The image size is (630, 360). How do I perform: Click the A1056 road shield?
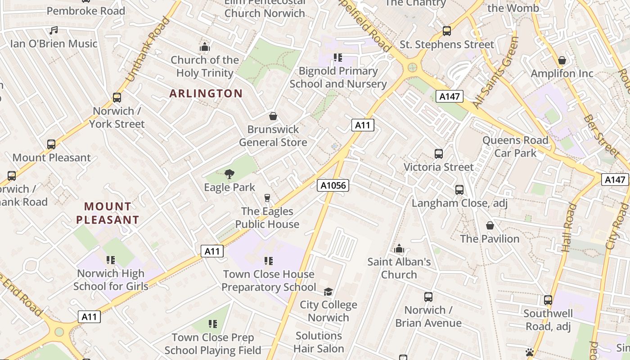pyautogui.click(x=333, y=185)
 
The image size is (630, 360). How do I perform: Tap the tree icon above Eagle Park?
pyautogui.click(x=229, y=174)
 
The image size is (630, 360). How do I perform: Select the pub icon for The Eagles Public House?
pyautogui.click(x=267, y=198)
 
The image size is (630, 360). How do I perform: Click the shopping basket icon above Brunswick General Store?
pyautogui.click(x=273, y=116)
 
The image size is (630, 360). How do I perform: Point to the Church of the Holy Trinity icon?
pyautogui.click(x=205, y=47)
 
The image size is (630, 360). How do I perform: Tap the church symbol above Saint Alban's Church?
pyautogui.click(x=399, y=248)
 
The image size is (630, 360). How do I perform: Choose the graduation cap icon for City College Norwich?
pyautogui.click(x=328, y=292)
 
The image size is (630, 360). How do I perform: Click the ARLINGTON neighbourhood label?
pyautogui.click(x=206, y=94)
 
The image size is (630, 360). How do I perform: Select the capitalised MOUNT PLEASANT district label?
pyautogui.click(x=108, y=213)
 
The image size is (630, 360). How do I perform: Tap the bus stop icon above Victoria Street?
pyautogui.click(x=439, y=154)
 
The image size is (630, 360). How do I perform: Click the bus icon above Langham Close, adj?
pyautogui.click(x=459, y=190)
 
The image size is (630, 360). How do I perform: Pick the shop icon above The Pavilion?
pyautogui.click(x=490, y=225)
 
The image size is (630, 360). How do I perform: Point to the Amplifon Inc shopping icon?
pyautogui.click(x=562, y=60)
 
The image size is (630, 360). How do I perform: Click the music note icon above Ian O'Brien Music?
pyautogui.click(x=54, y=31)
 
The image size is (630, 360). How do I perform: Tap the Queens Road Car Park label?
pyautogui.click(x=515, y=147)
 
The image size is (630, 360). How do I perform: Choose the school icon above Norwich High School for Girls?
pyautogui.click(x=111, y=260)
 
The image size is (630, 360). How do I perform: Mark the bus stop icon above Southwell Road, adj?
pyautogui.click(x=548, y=300)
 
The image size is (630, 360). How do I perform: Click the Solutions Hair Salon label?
pyautogui.click(x=319, y=342)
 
